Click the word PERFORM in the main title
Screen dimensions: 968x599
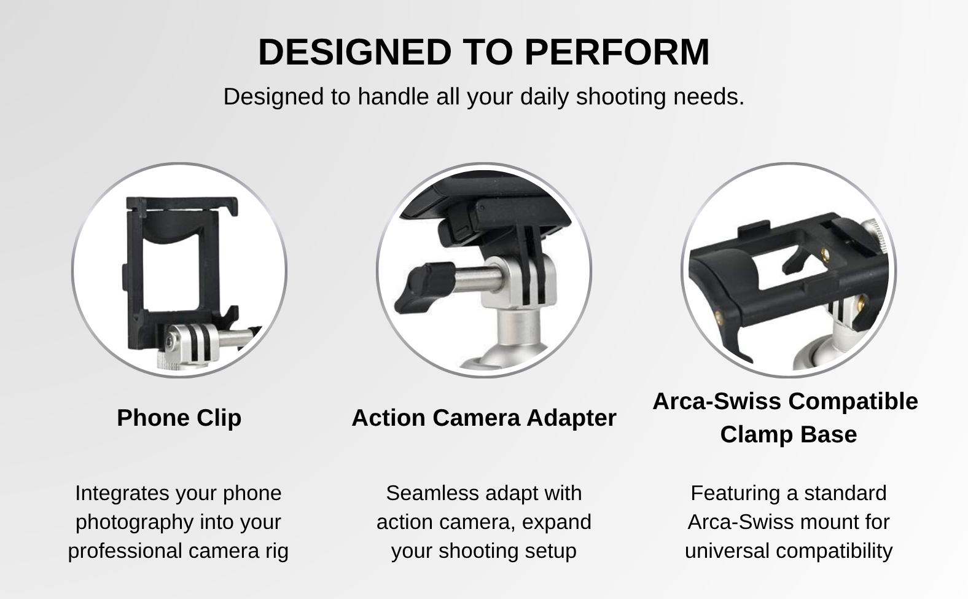pyautogui.click(x=617, y=52)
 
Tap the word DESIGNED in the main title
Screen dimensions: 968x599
pyautogui.click(x=355, y=52)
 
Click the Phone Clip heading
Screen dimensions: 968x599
pyautogui.click(x=179, y=418)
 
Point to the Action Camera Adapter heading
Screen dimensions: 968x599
pyautogui.click(x=484, y=418)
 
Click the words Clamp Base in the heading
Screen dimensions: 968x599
pyautogui.click(x=789, y=434)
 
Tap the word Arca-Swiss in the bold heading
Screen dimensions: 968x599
pyautogui.click(x=717, y=401)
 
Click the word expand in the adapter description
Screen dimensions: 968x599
pyautogui.click(x=556, y=523)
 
